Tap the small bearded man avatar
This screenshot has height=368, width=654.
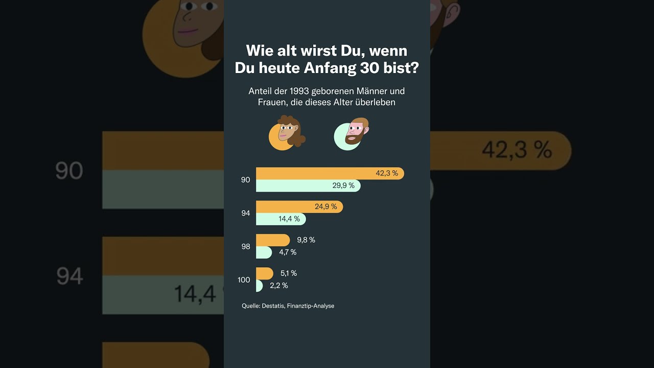352,134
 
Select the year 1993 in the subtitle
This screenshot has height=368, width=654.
298,91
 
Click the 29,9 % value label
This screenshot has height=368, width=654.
343,186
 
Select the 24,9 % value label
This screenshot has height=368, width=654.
325,206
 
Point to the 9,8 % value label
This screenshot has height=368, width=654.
306,240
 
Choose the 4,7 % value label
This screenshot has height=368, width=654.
288,252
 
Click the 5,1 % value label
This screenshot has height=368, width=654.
289,273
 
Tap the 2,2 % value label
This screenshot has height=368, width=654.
279,286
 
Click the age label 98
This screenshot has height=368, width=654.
246,246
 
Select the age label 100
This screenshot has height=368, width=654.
244,280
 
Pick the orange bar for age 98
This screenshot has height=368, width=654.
272,240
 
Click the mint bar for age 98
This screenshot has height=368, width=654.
263,252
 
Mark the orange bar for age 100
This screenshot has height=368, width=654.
264,273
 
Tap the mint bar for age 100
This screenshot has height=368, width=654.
259,286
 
